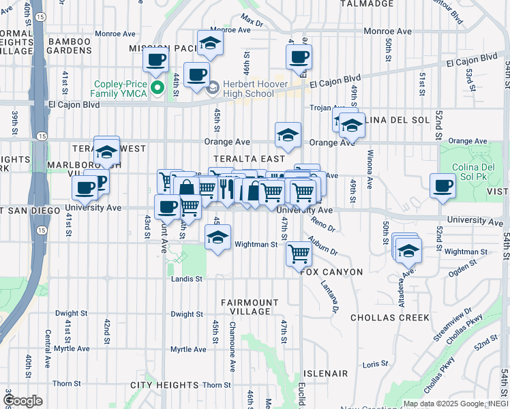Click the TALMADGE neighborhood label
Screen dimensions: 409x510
368,3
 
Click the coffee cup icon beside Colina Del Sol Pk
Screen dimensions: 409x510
442,185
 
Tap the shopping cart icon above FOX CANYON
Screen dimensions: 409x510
299,254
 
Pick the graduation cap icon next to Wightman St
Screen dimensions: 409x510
217,237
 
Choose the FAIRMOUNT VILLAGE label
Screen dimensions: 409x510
250,307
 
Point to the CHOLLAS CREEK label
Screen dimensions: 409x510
389,318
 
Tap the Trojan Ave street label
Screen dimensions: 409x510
325,108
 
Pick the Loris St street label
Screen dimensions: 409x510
375,364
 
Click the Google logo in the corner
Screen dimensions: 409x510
22,401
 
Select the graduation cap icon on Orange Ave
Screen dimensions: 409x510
288,135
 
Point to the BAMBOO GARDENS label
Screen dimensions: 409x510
70,46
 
